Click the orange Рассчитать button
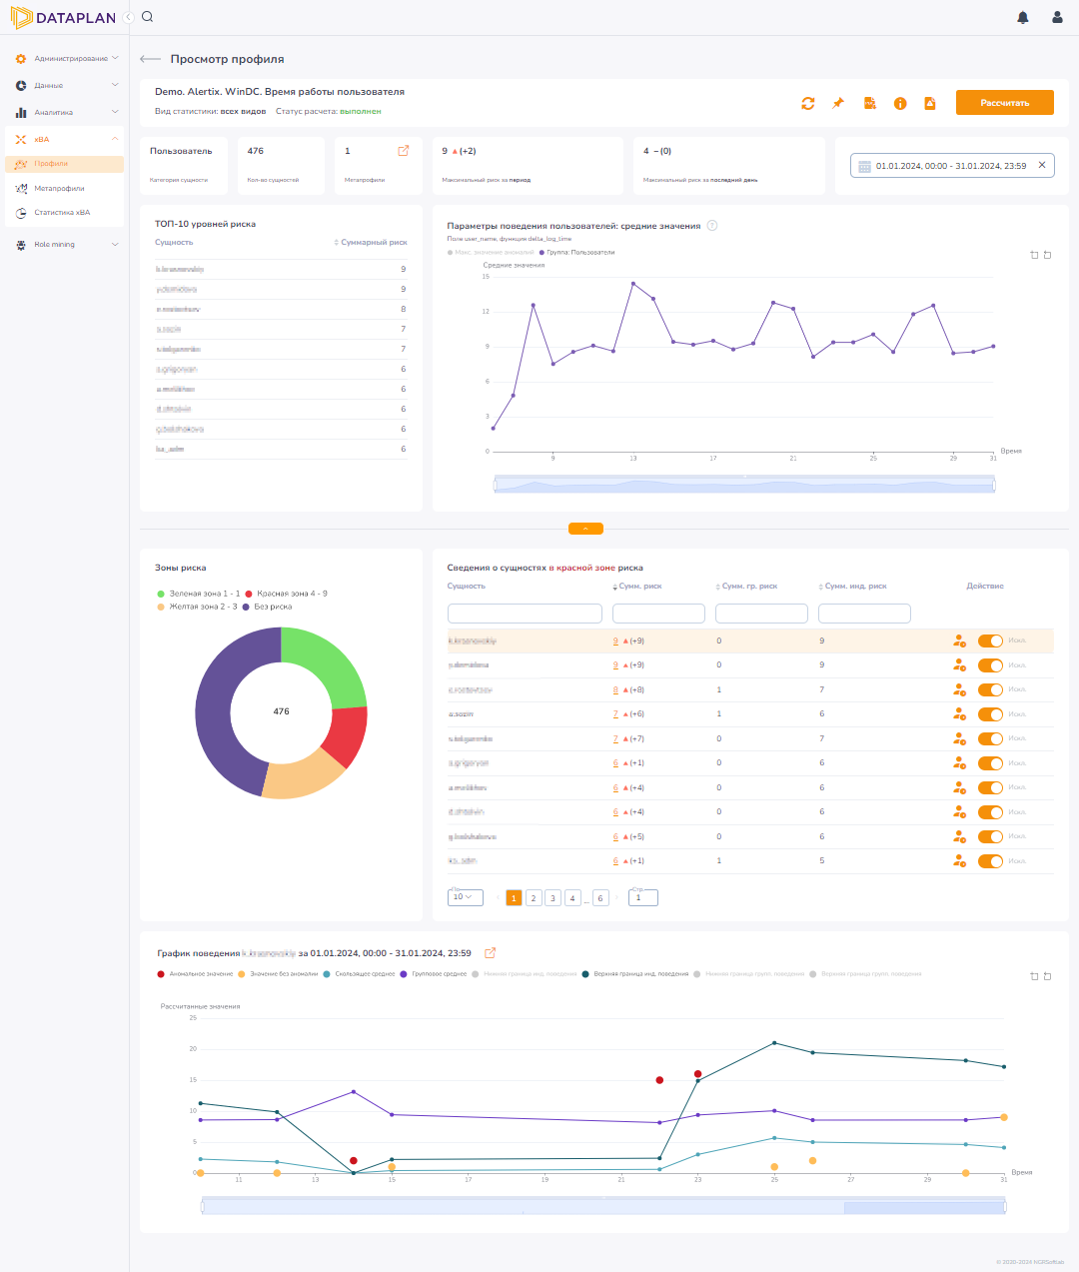[x=1004, y=103]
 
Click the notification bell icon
[x=1022, y=17]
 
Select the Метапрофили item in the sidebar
[x=59, y=188]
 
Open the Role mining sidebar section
[x=55, y=244]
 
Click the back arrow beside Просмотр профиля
[x=150, y=59]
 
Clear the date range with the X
[x=1042, y=165]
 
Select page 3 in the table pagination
[x=552, y=898]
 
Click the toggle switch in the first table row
[x=990, y=640]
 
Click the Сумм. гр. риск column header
[x=749, y=587]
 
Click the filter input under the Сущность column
[x=525, y=614]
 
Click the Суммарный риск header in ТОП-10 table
[x=373, y=243]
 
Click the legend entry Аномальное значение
[x=201, y=973]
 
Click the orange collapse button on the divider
[x=585, y=529]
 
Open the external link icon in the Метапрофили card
[x=404, y=151]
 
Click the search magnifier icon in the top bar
[x=148, y=17]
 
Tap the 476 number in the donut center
[x=281, y=711]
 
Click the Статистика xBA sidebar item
[x=62, y=212]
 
